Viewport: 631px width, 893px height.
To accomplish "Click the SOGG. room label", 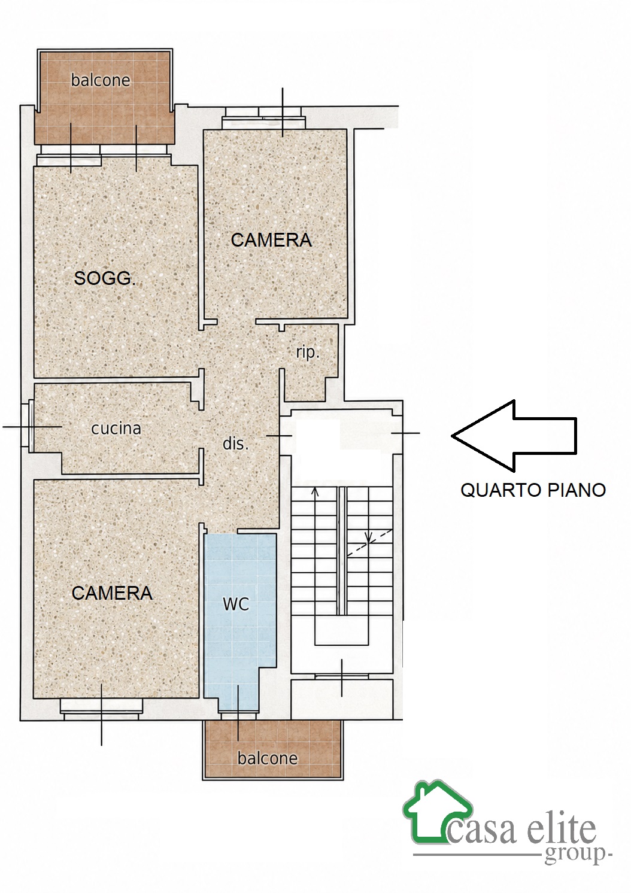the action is (x=105, y=278).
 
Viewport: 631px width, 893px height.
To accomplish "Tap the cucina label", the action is (x=116, y=429).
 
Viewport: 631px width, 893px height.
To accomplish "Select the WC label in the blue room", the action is (x=236, y=604).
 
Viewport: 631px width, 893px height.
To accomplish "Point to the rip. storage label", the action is (x=308, y=353).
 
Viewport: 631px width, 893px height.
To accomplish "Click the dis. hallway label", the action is (x=235, y=443).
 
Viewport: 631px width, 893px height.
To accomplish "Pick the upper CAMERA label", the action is (x=271, y=240).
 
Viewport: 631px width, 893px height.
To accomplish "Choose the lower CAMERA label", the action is (x=112, y=593).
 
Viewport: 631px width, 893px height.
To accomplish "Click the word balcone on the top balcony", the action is (x=101, y=81).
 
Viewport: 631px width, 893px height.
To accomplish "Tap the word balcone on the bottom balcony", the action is (x=268, y=758).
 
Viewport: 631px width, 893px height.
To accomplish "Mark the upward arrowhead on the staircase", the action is (x=315, y=491).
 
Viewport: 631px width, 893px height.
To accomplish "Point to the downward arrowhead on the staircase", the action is (x=369, y=539).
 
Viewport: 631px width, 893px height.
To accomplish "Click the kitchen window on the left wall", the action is (x=28, y=427).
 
